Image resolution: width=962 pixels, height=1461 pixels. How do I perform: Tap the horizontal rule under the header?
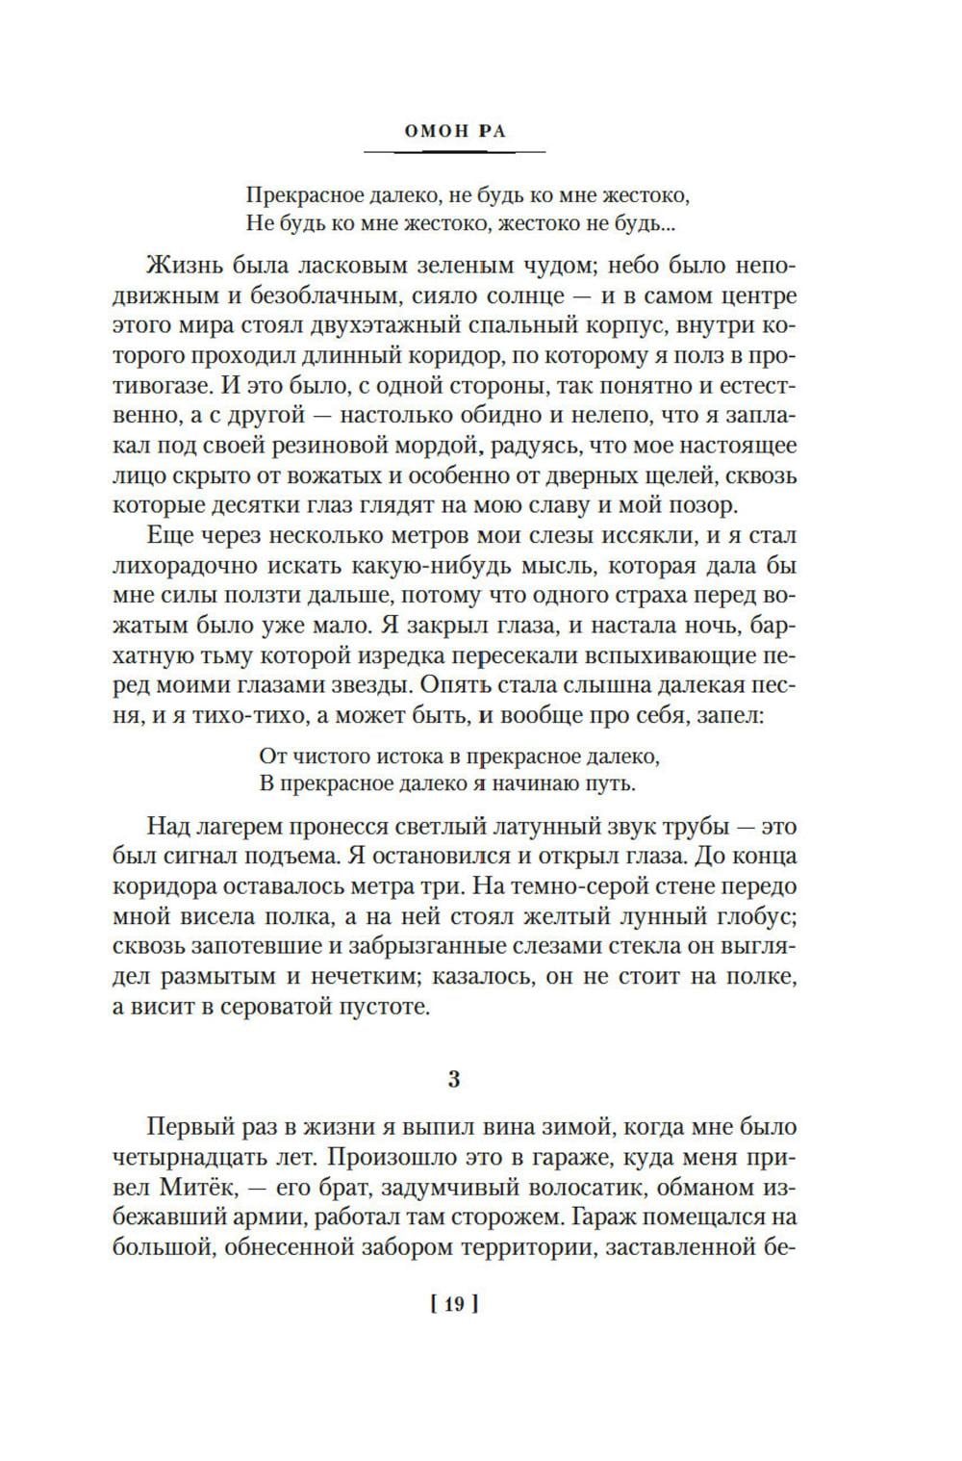pyautogui.click(x=455, y=152)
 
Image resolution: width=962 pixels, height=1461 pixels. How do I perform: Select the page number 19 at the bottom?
pyautogui.click(x=455, y=1304)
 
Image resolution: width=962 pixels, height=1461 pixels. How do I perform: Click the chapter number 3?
pyautogui.click(x=454, y=1079)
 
